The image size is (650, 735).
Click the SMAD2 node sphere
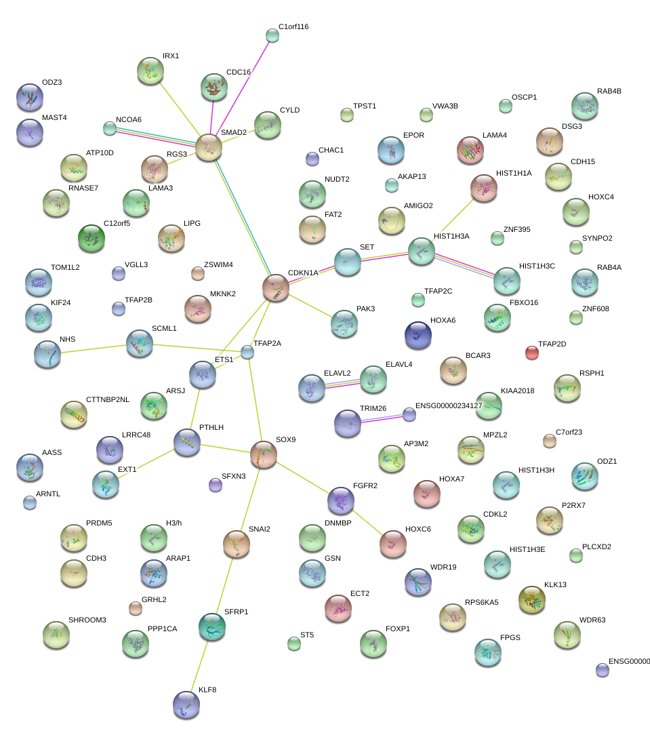pos(209,147)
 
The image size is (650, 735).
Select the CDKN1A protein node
pos(276,287)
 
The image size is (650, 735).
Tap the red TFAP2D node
pos(532,353)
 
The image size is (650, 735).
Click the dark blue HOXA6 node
pos(418,335)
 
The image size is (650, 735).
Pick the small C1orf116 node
pos(272,35)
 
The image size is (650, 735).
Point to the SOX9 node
pos(264,454)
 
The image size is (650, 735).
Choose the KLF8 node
pos(186,704)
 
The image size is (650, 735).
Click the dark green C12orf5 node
pos(92,238)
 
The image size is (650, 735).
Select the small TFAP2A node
pos(247,352)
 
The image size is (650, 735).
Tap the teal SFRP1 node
pos(212,627)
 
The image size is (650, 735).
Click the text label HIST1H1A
pos(514,173)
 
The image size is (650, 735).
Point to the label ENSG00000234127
pos(449,405)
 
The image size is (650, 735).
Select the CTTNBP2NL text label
pos(107,399)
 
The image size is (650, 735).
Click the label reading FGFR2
pos(365,485)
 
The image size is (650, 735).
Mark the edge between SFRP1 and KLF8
pos(199,666)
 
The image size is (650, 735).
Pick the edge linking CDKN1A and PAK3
pos(310,306)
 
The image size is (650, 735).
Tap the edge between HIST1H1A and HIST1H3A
pos(453,220)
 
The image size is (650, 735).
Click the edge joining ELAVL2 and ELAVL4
pos(342,384)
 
